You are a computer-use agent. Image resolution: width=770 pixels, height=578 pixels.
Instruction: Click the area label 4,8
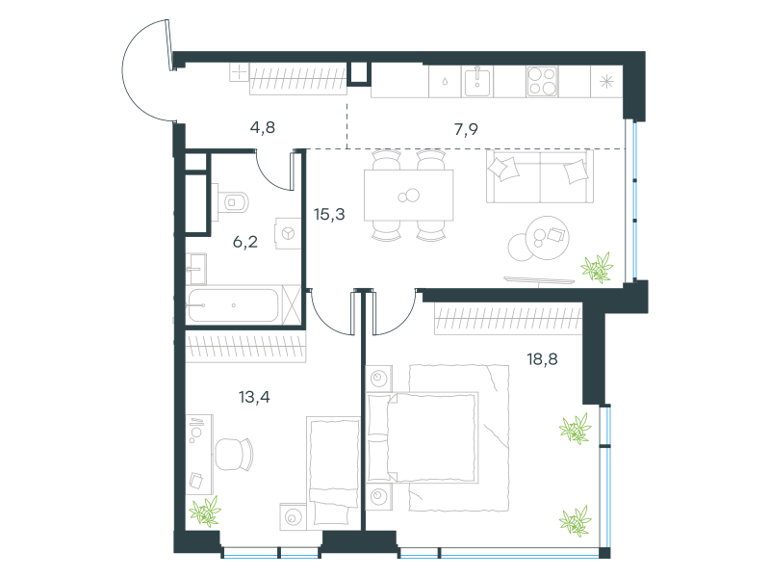262,128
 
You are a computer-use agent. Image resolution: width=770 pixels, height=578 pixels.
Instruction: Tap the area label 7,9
466,129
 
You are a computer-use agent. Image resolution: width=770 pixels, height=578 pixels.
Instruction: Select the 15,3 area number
329,214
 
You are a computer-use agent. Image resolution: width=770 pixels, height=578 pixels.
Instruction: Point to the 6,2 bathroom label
245,242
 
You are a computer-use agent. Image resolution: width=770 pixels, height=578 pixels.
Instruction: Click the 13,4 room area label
254,397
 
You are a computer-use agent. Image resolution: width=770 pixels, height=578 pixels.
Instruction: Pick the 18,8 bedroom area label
542,359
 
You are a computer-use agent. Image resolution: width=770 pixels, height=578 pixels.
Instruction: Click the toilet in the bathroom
230,202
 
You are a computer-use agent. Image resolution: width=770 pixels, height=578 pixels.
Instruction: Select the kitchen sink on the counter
476,82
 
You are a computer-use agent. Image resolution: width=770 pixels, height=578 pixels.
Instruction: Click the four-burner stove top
542,81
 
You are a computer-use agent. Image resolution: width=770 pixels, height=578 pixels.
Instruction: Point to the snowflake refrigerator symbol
607,81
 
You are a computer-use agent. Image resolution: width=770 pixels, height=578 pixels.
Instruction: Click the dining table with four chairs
408,196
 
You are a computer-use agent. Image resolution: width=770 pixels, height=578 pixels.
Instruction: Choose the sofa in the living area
540,176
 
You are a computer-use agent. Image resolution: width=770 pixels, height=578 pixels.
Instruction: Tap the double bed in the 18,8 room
423,437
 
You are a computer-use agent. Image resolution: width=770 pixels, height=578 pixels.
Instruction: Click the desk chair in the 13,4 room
234,454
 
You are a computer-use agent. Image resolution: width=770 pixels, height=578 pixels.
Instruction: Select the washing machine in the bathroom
288,233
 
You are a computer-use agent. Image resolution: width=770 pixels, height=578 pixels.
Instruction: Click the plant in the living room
598,268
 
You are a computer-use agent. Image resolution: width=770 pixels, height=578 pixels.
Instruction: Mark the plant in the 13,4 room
205,512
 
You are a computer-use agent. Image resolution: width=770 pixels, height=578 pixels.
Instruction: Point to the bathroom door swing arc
271,175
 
